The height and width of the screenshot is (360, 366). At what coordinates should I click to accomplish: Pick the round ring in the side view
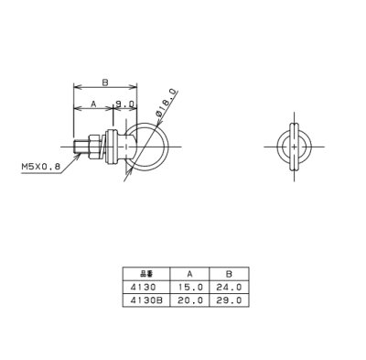pyautogui.click(x=144, y=144)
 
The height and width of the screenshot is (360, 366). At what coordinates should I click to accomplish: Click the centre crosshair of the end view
pyautogui.click(x=293, y=145)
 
